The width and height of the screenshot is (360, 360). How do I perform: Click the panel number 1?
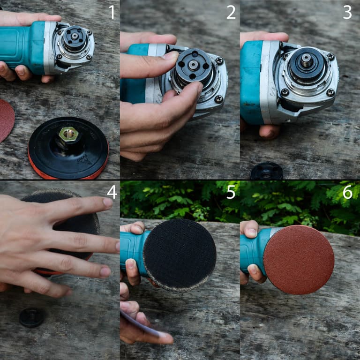pos(112,12)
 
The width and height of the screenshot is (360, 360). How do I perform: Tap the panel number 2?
pos(231,12)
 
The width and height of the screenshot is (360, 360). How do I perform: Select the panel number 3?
pos(347,12)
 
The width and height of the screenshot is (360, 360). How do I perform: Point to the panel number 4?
pos(112,192)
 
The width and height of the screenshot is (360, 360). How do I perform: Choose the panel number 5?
pos(231,192)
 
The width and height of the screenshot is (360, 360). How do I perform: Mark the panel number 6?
pos(348,192)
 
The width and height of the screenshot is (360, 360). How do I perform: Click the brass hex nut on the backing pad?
pos(68,134)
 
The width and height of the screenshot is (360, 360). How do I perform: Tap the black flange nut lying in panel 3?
pos(266,171)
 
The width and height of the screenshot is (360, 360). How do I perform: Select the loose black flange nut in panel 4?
pos(32,317)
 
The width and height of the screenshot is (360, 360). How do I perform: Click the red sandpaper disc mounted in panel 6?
pos(299,260)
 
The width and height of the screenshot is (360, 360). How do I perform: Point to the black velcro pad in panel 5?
pos(180,255)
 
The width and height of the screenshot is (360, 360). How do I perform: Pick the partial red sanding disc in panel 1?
pos(7,120)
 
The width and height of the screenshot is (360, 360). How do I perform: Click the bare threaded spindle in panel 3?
pos(306,60)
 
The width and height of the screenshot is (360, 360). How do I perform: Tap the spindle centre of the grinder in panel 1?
pos(75,36)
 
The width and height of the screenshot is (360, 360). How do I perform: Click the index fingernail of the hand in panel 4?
pos(108,202)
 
